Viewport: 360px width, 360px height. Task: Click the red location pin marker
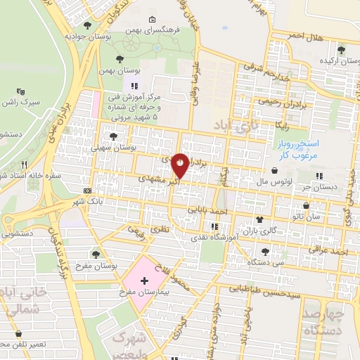tap(181, 167)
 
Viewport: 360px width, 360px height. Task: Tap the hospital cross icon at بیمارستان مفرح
tap(145, 281)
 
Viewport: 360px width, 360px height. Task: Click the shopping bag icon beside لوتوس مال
tap(274, 169)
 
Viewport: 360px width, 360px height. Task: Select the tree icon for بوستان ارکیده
tap(342, 50)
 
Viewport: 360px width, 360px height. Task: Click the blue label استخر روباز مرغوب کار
tap(295, 148)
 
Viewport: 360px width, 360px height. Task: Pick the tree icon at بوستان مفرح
tap(96, 254)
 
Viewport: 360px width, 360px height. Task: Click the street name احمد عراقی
tap(331, 250)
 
